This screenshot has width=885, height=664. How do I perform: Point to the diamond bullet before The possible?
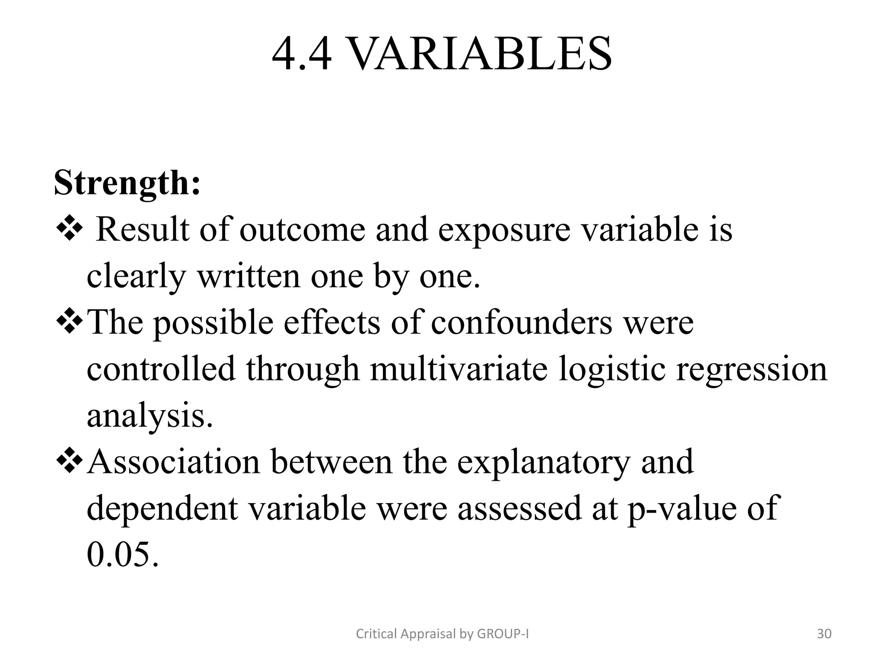pos(69,322)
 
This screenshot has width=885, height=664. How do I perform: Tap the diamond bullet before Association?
pos(69,462)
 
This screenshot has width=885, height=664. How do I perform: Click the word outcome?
pos(302,230)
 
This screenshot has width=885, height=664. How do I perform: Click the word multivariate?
pos(458,370)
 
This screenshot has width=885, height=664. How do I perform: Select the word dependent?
pos(162,508)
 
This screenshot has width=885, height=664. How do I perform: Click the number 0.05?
pos(122,555)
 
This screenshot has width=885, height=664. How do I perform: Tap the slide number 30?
pos(824,634)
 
